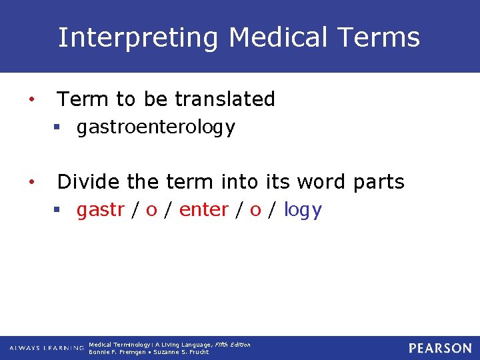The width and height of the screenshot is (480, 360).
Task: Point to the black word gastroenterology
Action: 156,127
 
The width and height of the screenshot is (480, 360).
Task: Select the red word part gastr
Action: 100,210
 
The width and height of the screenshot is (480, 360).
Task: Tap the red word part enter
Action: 204,210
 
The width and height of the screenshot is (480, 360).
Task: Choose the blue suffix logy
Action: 303,211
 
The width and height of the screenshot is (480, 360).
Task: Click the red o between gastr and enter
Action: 151,211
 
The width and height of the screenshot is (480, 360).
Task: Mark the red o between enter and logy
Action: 255,211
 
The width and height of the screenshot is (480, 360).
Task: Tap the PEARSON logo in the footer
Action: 440,348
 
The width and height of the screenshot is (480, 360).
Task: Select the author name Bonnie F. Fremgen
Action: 117,352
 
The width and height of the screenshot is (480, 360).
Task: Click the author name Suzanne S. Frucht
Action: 181,352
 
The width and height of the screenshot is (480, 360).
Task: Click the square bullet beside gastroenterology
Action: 58,128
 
